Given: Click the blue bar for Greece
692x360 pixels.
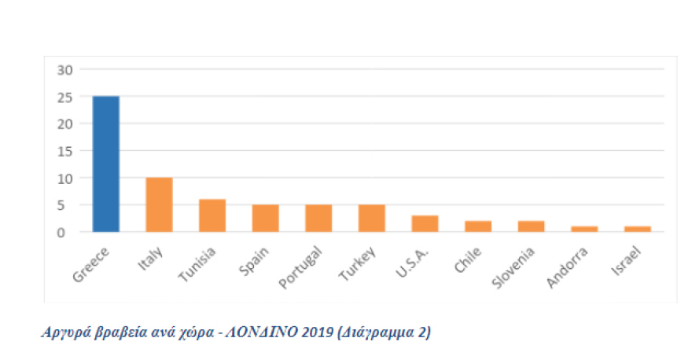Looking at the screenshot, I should (x=106, y=164).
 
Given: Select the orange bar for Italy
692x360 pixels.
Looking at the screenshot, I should (x=159, y=205).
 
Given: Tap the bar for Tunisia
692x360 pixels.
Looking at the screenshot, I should (x=212, y=216).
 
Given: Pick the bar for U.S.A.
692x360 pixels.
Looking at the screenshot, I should (x=425, y=224).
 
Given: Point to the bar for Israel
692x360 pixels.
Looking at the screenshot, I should (x=638, y=229).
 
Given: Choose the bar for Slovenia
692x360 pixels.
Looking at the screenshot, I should (x=531, y=226).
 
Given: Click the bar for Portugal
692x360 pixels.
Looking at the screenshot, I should (x=318, y=219).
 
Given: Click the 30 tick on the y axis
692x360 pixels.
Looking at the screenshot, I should (x=64, y=69).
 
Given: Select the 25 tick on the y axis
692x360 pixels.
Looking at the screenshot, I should (x=64, y=97).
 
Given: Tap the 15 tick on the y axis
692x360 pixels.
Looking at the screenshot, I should (x=64, y=151).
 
